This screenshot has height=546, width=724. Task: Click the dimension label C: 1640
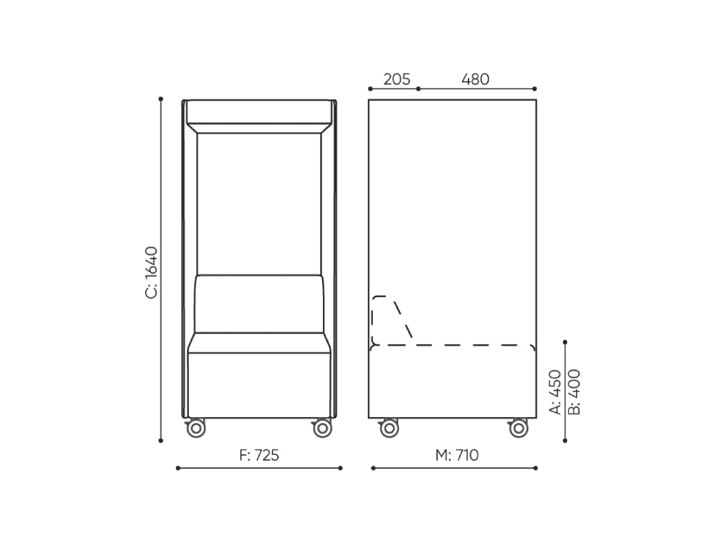(151, 272)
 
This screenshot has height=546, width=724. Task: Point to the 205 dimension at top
(397, 79)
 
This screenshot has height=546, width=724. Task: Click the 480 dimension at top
(476, 79)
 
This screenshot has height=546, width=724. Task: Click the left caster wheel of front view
(195, 428)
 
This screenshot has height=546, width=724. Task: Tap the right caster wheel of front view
(321, 428)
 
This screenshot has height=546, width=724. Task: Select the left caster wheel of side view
(389, 428)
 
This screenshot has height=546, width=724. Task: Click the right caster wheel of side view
(518, 428)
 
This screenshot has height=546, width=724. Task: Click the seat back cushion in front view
(258, 304)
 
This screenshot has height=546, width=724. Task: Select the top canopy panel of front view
(258, 112)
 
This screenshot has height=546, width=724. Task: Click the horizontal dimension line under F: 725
(259, 468)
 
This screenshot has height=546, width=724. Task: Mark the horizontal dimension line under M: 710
(455, 468)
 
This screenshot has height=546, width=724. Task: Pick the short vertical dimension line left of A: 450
(565, 391)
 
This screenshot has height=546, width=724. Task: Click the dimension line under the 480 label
(477, 89)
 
